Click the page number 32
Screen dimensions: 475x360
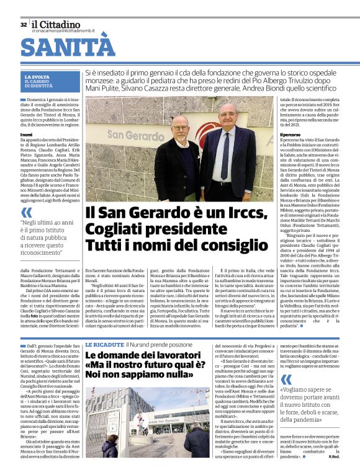(x=24, y=24)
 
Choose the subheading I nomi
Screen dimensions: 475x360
(x=27, y=134)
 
